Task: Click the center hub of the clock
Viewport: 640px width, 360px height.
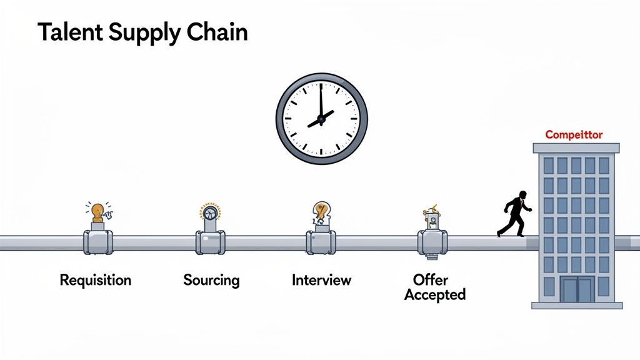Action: click(321, 118)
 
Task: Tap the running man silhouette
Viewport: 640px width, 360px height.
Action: click(514, 213)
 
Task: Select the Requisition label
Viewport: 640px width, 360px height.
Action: click(96, 280)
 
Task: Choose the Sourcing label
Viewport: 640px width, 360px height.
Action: click(211, 280)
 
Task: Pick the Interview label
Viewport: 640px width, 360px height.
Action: click(321, 280)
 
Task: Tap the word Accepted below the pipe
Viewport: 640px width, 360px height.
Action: click(435, 294)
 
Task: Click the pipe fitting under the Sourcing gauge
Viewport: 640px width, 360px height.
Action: click(211, 242)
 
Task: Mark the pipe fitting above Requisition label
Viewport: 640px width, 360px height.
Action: click(98, 242)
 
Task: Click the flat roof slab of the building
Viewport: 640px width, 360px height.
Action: click(576, 148)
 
